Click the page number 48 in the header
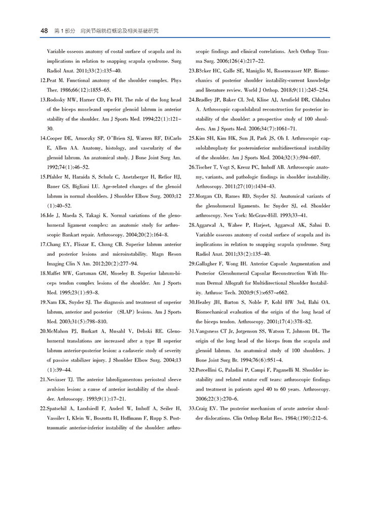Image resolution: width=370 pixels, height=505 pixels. pyautogui.click(x=44, y=31)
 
